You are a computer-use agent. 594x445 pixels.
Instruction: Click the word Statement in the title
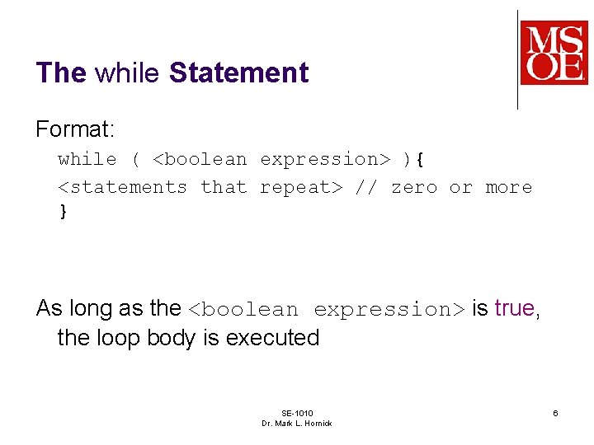point(238,73)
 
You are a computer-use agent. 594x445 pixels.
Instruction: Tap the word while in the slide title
point(127,73)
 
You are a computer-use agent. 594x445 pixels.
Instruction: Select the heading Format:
point(73,129)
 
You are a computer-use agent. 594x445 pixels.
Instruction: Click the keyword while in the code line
point(87,159)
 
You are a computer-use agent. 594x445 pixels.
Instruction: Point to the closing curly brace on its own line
point(63,211)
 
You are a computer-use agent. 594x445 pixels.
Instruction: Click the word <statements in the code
point(122,187)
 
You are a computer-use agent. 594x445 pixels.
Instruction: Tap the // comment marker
point(365,187)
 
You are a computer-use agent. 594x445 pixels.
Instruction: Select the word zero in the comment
point(413,187)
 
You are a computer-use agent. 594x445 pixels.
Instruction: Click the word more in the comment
point(508,187)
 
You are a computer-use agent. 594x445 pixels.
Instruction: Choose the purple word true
point(516,308)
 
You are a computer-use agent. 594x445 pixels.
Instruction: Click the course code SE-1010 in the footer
point(296,413)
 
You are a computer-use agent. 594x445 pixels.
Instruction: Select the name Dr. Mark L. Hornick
point(296,424)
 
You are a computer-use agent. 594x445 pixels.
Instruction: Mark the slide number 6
point(555,413)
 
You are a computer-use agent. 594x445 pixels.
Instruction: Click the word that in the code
point(224,187)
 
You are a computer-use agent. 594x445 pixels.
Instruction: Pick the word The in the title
point(61,73)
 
